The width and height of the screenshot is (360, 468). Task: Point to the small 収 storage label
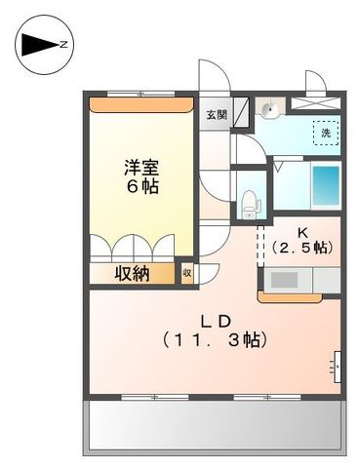tap(186, 274)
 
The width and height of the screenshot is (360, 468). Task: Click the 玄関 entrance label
tap(216, 113)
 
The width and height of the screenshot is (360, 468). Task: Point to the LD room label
tap(215, 321)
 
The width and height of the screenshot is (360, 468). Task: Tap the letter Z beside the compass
tap(63, 44)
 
